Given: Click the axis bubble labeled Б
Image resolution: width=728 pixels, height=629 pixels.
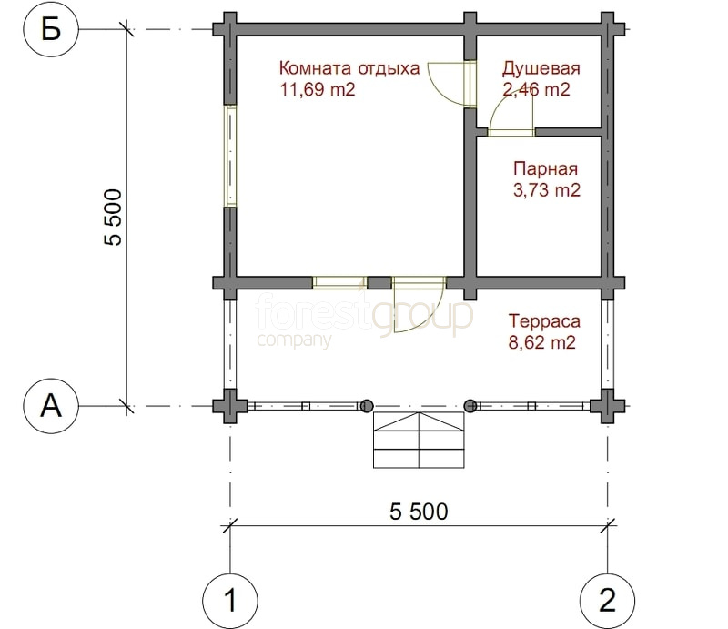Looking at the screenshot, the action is (x=51, y=29).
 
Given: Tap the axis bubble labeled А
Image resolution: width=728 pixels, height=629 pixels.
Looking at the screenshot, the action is (x=51, y=406).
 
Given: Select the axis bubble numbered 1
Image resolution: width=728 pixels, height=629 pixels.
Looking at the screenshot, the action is (x=230, y=600).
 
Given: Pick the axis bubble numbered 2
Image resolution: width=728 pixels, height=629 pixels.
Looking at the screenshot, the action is (x=608, y=600).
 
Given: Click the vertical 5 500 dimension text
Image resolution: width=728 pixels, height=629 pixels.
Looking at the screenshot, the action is (x=113, y=217).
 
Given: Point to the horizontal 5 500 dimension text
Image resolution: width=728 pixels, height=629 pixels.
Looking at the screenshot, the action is (x=419, y=512).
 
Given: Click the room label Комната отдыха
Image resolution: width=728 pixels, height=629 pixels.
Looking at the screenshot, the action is (x=349, y=68).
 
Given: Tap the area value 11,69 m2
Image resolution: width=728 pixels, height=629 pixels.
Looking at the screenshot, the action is (x=317, y=89).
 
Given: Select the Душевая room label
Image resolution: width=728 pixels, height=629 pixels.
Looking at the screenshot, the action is (x=541, y=69).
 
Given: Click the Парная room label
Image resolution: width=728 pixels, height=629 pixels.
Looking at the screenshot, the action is (x=545, y=168).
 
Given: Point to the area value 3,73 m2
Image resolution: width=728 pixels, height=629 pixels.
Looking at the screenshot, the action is (x=547, y=190).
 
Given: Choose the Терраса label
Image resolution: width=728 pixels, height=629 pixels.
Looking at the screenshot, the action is (x=544, y=321).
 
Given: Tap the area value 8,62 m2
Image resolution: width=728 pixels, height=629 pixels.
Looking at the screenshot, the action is (x=541, y=343).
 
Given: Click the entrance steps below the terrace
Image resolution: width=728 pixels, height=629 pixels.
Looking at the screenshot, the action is (x=419, y=440).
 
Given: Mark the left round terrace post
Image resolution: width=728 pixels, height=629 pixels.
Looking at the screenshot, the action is (x=367, y=406).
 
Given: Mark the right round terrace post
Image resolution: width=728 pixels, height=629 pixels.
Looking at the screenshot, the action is (x=470, y=406).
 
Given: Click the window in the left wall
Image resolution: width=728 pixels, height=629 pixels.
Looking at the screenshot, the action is (x=231, y=156).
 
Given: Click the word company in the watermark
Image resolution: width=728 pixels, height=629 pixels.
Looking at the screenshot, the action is (x=294, y=340).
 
